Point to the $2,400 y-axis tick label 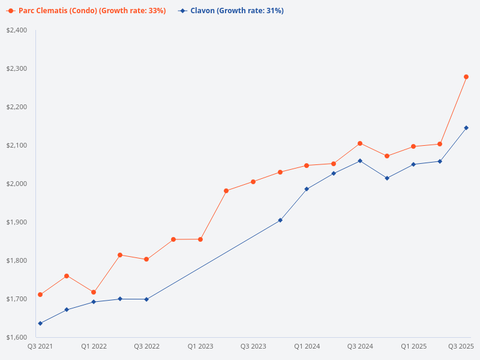[x=17, y=30]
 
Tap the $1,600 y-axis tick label [x=17, y=337]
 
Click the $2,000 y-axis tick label [x=17, y=184]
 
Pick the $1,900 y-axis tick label [x=17, y=222]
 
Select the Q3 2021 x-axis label [x=40, y=346]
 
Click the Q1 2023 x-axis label [x=200, y=346]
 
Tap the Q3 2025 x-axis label [x=461, y=346]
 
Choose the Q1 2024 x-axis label [x=307, y=346]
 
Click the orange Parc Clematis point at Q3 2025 [x=466, y=77]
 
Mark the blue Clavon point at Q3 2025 [x=466, y=128]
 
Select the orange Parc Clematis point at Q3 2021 [x=40, y=295]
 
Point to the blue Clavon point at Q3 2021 [x=40, y=323]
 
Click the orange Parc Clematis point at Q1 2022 [x=94, y=292]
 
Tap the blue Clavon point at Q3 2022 [x=146, y=299]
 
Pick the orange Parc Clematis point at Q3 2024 [x=360, y=143]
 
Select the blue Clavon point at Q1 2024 [x=307, y=189]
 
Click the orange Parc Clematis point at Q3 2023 [x=253, y=182]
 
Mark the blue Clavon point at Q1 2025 [x=413, y=164]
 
